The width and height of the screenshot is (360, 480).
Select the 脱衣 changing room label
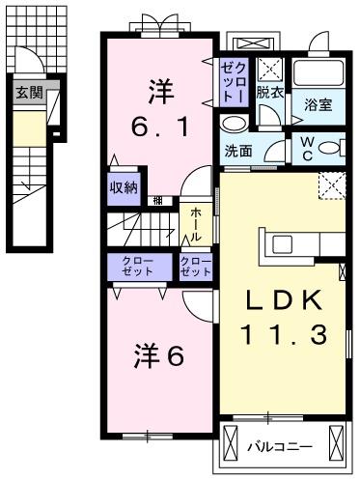coord(270,93)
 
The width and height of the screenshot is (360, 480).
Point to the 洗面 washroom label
coord(238,151)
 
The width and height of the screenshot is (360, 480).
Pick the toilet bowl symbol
coord(330,149)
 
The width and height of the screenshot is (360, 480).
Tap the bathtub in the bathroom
coord(318,73)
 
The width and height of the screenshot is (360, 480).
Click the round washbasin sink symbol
coord(233,125)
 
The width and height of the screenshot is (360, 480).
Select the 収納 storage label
coord(123,188)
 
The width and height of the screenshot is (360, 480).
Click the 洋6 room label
coord(158,355)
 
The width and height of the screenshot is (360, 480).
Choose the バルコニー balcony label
coord(277,447)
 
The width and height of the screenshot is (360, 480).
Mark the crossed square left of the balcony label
coord(231,445)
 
